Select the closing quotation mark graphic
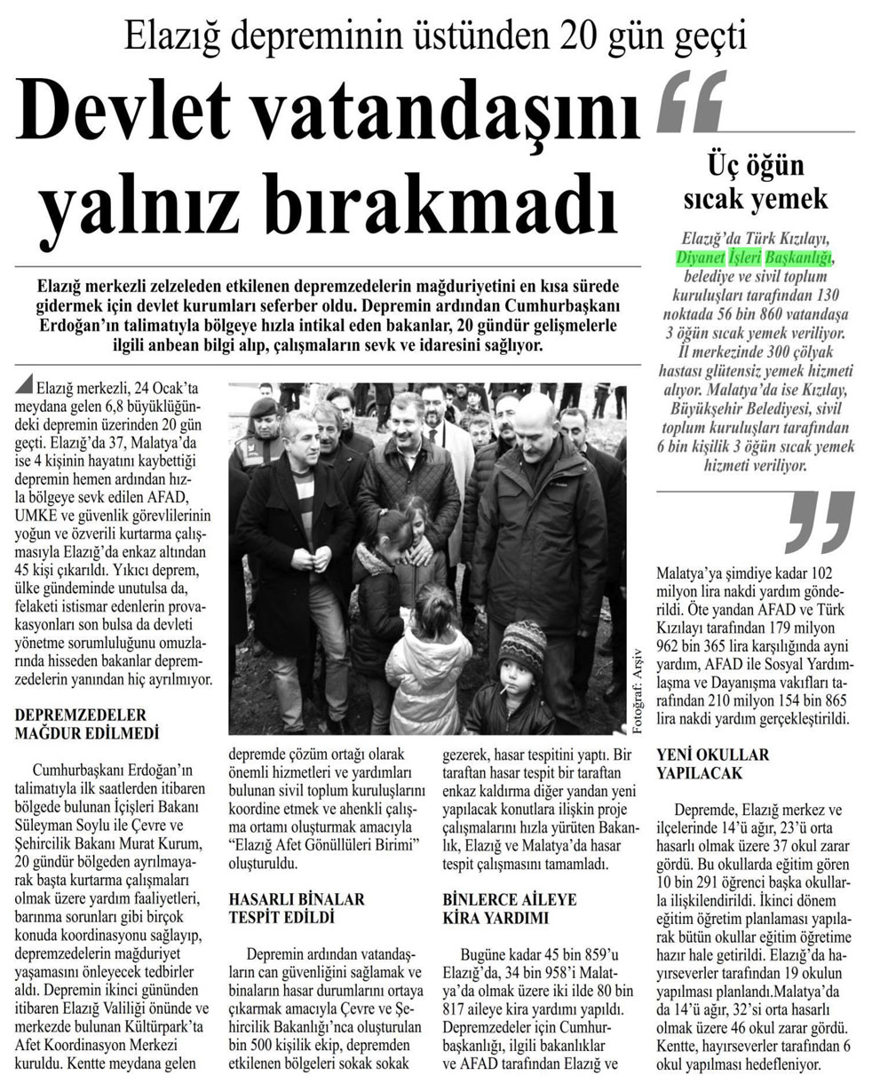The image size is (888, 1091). coord(819,521)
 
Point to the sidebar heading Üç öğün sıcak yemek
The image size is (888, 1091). coord(755,182)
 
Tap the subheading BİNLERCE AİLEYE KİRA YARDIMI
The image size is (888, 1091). coord(496,909)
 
